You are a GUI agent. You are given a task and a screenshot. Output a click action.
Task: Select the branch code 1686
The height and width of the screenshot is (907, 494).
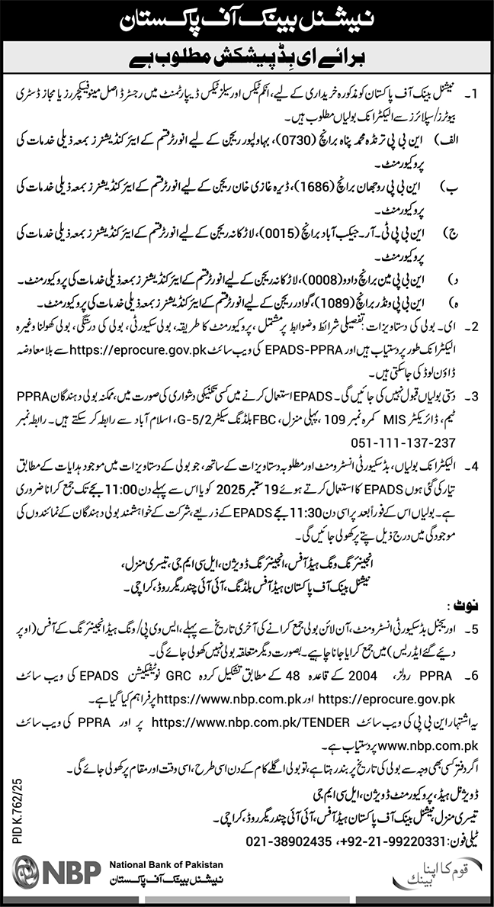tap(303, 185)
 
